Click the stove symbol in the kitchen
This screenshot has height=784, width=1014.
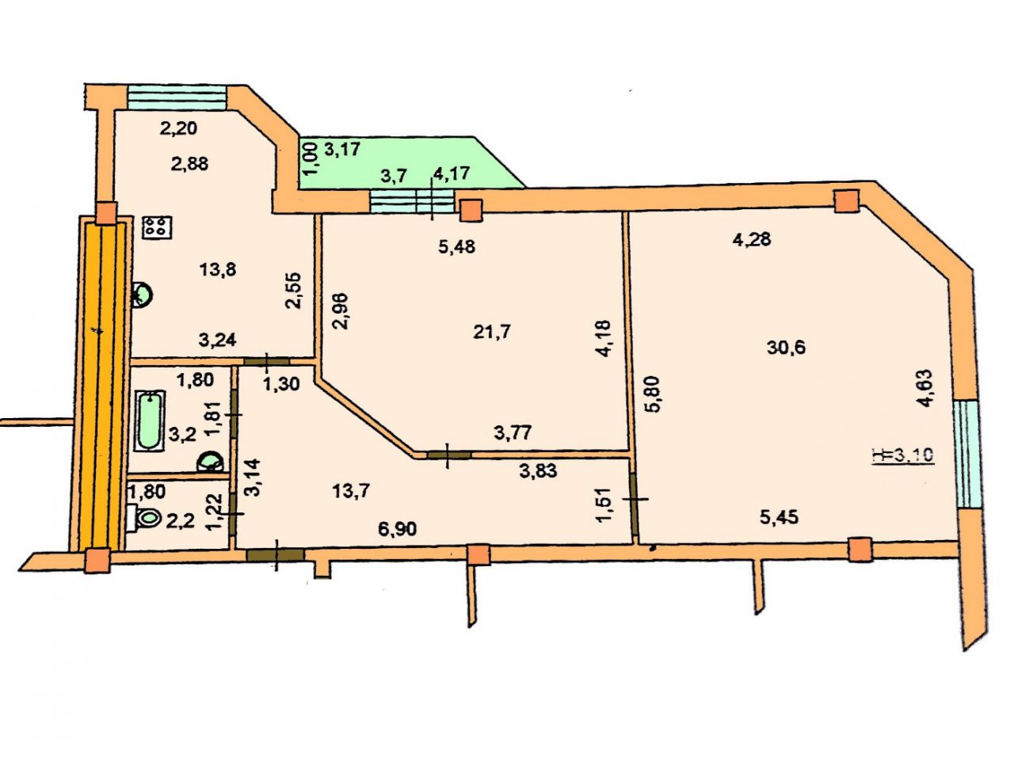158,228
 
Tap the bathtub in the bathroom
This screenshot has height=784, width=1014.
149,421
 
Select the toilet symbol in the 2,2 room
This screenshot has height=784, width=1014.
144,518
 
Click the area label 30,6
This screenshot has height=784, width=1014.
787,348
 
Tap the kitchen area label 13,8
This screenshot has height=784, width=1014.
217,269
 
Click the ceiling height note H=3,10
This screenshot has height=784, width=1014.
903,455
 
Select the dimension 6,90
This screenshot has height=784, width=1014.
398,529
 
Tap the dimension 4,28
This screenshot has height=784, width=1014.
752,239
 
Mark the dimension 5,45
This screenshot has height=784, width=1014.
779,517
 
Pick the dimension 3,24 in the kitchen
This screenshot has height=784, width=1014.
217,340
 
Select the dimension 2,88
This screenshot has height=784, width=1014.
189,164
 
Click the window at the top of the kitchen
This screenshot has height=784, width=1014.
177,97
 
